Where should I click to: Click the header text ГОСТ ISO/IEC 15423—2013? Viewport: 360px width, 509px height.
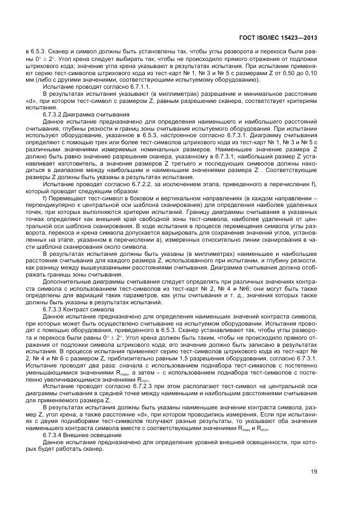click(x=278, y=38)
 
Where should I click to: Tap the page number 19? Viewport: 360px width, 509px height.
click(x=314, y=471)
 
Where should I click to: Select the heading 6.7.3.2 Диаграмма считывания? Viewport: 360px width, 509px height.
click(x=86, y=115)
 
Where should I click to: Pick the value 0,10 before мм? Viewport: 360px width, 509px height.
click(x=313, y=72)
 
